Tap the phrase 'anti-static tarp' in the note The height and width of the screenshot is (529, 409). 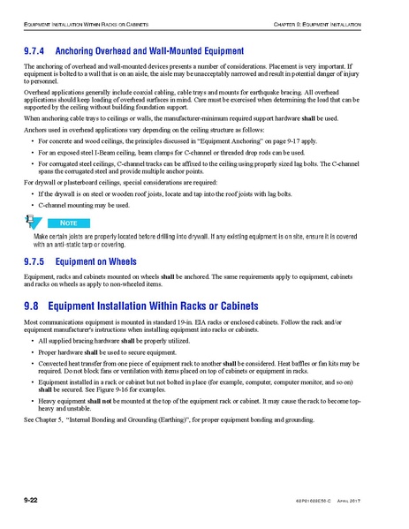77,246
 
